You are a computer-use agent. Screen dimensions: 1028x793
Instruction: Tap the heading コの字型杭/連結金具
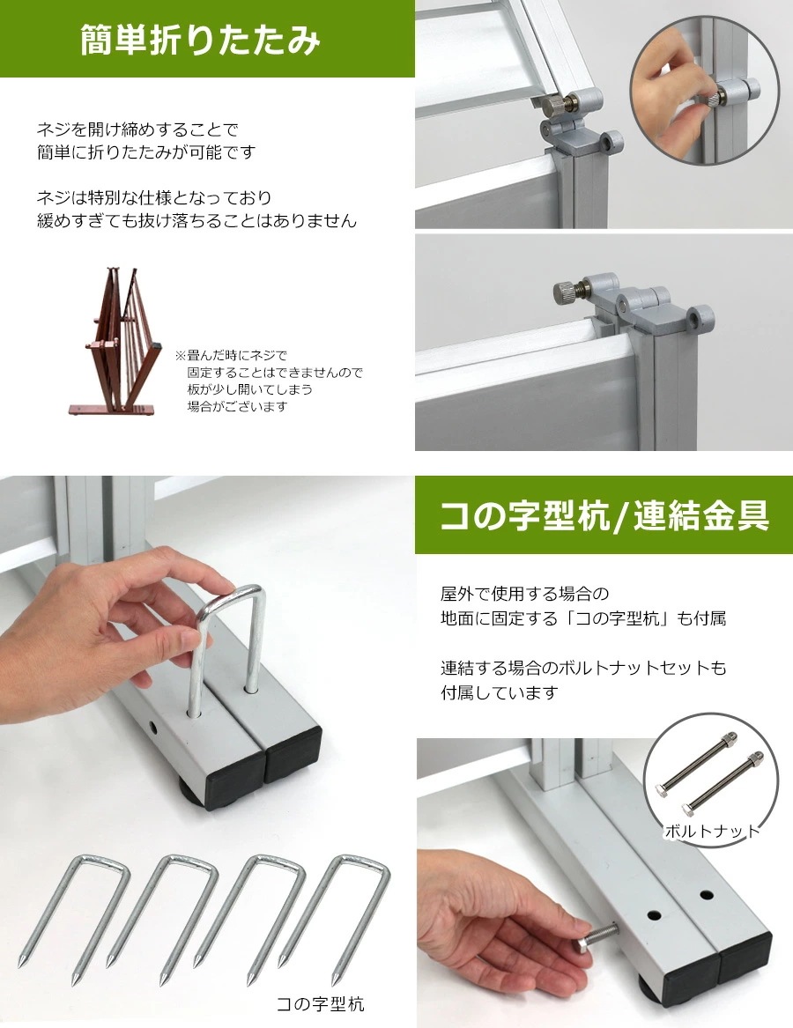(x=604, y=516)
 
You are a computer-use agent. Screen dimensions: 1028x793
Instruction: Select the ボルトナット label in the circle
(x=711, y=831)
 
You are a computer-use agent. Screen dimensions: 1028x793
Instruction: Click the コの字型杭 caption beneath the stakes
(x=320, y=1003)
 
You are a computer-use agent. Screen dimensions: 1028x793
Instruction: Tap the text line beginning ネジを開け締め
(x=137, y=129)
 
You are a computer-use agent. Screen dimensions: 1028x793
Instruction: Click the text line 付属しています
(x=499, y=692)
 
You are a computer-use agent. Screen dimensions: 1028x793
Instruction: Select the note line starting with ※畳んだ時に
(x=231, y=356)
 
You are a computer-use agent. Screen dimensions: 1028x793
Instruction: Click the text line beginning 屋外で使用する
(x=525, y=594)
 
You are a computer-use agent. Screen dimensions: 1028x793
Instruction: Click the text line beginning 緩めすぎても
(x=196, y=220)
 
